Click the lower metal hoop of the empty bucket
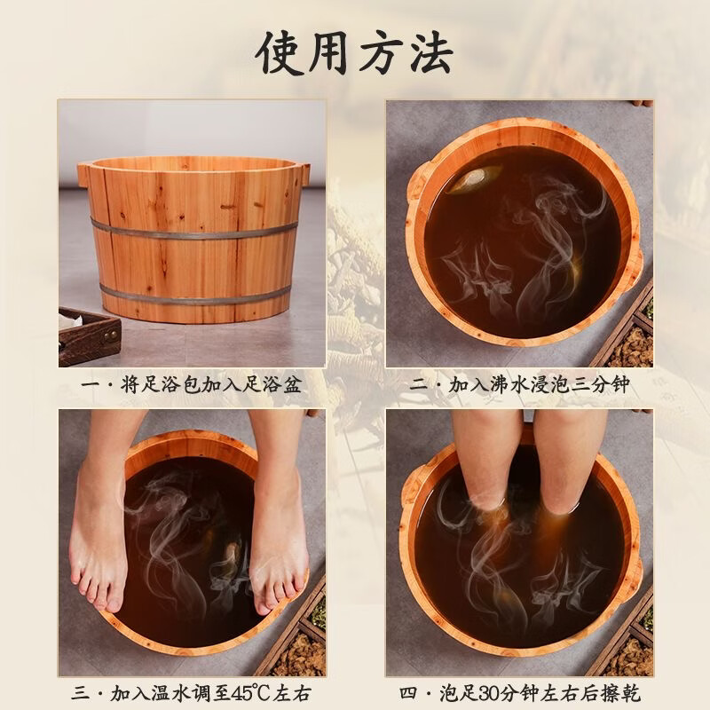195,294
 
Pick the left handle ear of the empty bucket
84,172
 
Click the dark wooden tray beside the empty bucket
88,335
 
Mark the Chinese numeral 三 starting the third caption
79,693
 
